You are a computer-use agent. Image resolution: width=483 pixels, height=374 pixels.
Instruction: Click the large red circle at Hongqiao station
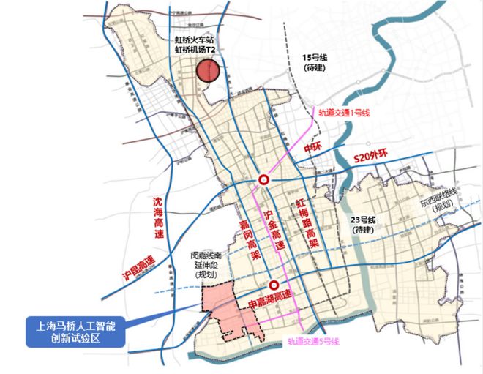(209, 71)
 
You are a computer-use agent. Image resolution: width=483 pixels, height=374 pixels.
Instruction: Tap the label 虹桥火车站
(194, 39)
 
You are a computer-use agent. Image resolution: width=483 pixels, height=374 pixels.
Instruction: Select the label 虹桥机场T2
(195, 50)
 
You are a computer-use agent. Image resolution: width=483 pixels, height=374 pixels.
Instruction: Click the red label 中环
(312, 147)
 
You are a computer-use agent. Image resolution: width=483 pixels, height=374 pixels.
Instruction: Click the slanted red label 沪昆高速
(139, 272)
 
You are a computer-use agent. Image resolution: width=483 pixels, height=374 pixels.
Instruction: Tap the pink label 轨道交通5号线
(313, 341)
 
